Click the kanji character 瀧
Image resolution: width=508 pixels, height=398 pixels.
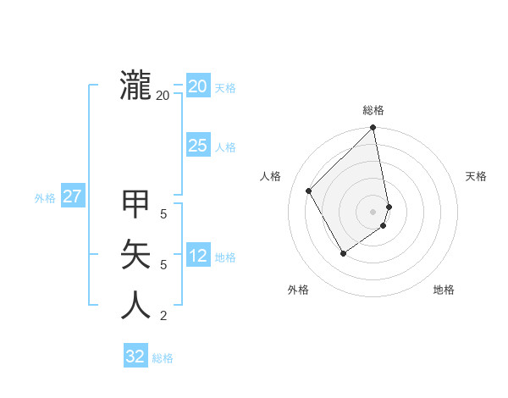[136, 86]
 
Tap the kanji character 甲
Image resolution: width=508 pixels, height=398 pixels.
[136, 203]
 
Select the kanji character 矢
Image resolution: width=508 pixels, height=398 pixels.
[136, 254]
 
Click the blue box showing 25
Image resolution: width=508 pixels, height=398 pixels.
[197, 146]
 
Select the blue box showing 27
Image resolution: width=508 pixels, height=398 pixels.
[73, 196]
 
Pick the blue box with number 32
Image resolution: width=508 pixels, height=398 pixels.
[135, 357]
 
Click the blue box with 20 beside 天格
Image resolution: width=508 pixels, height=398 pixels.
[197, 86]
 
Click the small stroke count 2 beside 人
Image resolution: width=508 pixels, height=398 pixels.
[163, 316]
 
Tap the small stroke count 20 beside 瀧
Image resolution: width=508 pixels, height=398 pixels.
[163, 96]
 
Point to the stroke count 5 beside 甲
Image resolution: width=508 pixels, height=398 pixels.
[163, 214]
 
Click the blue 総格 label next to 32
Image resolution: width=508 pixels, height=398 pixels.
[163, 358]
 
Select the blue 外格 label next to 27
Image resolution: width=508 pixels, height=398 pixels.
[45, 198]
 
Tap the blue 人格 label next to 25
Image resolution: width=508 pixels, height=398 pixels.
[225, 147]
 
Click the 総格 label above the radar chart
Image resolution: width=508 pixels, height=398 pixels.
[373, 110]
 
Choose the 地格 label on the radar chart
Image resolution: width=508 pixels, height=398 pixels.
[444, 290]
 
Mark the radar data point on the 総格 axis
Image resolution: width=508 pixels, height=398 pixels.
[373, 128]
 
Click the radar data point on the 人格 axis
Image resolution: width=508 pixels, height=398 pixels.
[309, 191]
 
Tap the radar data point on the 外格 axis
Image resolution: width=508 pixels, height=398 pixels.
[343, 253]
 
